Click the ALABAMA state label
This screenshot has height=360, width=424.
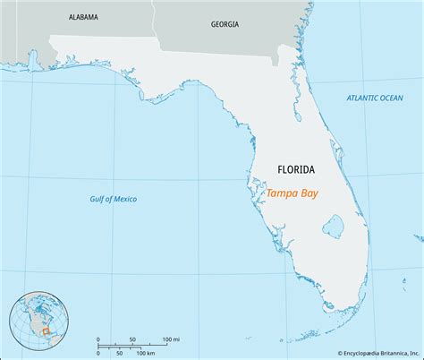[x=82, y=17]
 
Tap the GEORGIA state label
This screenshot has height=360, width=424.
[x=225, y=24]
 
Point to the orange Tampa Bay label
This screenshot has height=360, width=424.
[x=292, y=193]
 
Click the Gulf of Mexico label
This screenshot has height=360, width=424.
[x=114, y=198]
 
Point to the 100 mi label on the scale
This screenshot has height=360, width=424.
[x=171, y=339]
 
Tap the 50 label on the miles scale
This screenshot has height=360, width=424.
[x=132, y=339]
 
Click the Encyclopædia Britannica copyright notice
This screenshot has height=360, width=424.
[x=360, y=353]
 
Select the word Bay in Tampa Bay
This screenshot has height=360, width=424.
[x=309, y=193]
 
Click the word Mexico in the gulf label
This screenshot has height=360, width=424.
[x=123, y=198]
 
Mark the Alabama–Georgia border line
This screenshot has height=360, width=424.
[x=154, y=18]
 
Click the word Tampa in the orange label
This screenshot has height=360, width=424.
[x=281, y=193]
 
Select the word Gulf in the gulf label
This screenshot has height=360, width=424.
[x=98, y=198]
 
